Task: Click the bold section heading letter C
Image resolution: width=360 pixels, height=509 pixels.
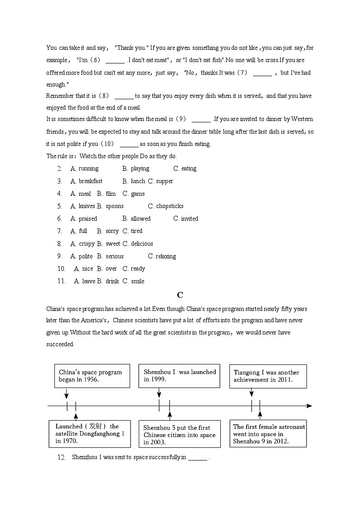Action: point(180,295)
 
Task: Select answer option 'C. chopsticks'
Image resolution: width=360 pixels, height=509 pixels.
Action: point(165,206)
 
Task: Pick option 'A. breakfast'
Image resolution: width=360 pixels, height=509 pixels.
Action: point(86,181)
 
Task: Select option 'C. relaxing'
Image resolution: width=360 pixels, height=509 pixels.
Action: point(162,257)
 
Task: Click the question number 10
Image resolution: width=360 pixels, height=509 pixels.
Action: point(62,269)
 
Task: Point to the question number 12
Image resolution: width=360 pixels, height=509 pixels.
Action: point(62,457)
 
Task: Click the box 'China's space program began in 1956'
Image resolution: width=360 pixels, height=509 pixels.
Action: point(92,376)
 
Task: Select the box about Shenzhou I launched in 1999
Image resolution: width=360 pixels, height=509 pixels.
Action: point(179,376)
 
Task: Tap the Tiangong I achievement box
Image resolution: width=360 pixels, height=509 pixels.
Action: point(268,376)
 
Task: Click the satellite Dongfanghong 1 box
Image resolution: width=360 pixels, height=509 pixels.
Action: point(89,434)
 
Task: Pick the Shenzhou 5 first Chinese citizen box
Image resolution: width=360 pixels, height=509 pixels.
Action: point(179,435)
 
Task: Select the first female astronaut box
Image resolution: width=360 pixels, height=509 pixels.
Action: point(268,434)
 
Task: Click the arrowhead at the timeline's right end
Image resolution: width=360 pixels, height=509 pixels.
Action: point(309,406)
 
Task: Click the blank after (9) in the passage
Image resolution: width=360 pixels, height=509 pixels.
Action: point(201,120)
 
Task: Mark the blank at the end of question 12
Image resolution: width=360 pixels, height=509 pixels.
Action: point(198,458)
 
